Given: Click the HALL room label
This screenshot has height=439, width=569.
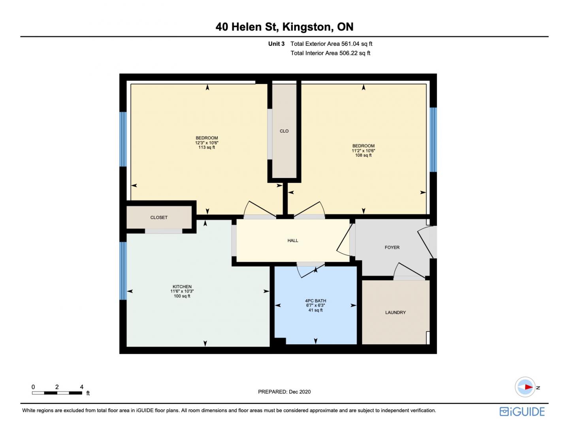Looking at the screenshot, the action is pyautogui.click(x=292, y=240).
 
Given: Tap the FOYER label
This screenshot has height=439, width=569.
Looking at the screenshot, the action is pyautogui.click(x=392, y=247).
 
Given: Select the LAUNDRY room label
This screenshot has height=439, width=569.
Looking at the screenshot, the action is pyautogui.click(x=395, y=312).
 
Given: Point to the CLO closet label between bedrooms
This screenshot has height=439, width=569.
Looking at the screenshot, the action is pyautogui.click(x=284, y=131).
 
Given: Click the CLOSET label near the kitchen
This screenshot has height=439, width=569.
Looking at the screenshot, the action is pyautogui.click(x=159, y=218).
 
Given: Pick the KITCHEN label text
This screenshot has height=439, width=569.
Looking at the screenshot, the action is pyautogui.click(x=182, y=287).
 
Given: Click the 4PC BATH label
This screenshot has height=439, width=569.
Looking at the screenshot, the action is pyautogui.click(x=315, y=301).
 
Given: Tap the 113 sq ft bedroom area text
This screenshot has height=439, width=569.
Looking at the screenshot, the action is pyautogui.click(x=206, y=147).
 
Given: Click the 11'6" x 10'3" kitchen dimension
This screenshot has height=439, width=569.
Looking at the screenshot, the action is pyautogui.click(x=182, y=291).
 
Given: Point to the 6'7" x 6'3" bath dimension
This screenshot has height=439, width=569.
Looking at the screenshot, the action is pyautogui.click(x=315, y=305).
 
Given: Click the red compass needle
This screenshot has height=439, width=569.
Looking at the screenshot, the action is pyautogui.click(x=529, y=387).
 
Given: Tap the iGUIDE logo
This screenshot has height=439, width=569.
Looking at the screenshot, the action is pyautogui.click(x=522, y=411).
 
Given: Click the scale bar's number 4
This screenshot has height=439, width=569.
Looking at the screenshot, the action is pyautogui.click(x=82, y=386).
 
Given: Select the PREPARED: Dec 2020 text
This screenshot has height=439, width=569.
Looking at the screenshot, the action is pyautogui.click(x=284, y=392).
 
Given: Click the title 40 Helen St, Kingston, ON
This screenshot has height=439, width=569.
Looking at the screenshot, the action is pyautogui.click(x=284, y=27).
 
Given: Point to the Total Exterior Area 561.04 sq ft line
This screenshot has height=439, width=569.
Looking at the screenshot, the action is pyautogui.click(x=331, y=44).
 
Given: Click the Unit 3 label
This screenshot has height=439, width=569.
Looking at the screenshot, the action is pyautogui.click(x=276, y=44).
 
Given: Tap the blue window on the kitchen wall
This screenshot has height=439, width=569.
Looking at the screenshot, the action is pyautogui.click(x=123, y=270).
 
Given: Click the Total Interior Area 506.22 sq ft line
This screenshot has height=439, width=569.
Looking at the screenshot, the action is pyautogui.click(x=330, y=53).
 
